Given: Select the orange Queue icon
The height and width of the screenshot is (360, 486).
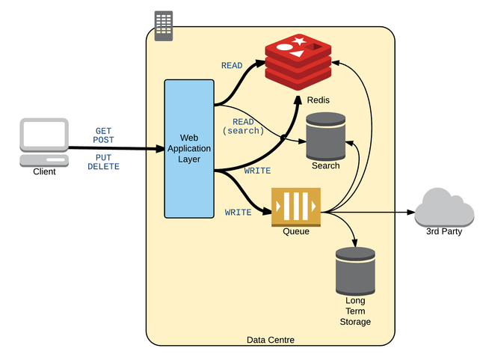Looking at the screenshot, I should [x=296, y=207].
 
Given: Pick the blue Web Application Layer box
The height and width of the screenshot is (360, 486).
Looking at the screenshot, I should [x=189, y=148].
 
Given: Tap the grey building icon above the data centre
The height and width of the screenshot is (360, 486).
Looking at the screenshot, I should [x=163, y=26].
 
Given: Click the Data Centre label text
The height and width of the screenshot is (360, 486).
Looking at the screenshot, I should [x=270, y=341].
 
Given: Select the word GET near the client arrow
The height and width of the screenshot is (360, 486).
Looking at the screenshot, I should [x=103, y=131].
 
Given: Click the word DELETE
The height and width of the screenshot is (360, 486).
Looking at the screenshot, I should [x=103, y=166].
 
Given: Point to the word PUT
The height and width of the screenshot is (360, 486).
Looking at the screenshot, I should [x=103, y=157].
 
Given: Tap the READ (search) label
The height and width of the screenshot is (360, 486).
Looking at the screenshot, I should [x=243, y=126].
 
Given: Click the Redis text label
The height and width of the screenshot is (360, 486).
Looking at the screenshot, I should [x=319, y=100].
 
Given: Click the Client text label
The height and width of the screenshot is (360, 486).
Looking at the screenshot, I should [x=44, y=172].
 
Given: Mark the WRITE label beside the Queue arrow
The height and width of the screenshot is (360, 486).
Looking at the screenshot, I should [x=239, y=213].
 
